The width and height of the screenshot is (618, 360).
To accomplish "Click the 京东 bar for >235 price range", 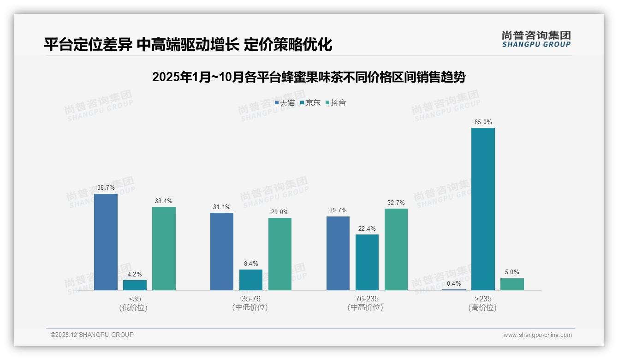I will coord(483,209).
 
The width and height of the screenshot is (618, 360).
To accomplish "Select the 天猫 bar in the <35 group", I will coord(106,242).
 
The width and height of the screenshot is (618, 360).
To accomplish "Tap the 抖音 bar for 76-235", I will coord(396,249).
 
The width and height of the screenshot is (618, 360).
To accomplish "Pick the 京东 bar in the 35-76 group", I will coord(251,280).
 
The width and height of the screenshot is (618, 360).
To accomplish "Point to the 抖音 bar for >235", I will coord(512,284).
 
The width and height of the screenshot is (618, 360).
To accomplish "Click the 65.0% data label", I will coord(483,122).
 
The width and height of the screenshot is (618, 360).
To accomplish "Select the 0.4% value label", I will coord(454,284).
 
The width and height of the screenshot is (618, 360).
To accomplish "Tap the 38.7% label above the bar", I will coord(106,188).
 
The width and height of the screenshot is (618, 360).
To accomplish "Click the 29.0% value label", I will coord(280,212).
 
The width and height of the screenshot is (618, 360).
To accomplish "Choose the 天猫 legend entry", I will coord(285,103).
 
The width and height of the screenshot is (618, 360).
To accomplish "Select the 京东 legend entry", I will coord(310,103).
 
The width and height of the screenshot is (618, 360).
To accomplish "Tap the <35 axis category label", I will coord(135,299).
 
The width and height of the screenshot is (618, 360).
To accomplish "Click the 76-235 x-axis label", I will coord(367,299).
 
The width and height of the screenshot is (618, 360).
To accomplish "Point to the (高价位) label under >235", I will coord(483,308).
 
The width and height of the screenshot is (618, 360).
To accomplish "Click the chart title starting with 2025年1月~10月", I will coord(309,77).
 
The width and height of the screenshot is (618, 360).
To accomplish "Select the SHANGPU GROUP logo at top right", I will coord(536,39).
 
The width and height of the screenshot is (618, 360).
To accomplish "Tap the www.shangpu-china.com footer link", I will coord(537,335).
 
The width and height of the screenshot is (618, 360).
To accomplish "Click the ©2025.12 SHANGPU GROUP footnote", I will coord(92,335).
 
